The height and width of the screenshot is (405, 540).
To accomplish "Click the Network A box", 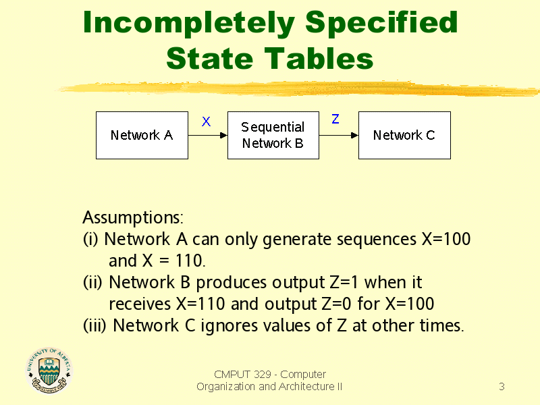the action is (142, 136).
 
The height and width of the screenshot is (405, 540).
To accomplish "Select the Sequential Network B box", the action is (273, 136).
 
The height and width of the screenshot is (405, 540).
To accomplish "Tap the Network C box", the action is (404, 136).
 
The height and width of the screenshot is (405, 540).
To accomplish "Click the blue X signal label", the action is (206, 122).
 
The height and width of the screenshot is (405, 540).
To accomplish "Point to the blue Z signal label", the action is (335, 119).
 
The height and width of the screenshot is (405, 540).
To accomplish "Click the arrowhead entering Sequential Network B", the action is (224, 136).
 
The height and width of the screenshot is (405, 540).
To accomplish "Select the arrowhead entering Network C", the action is (355, 136).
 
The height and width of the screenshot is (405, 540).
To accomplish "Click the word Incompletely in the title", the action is (189, 23).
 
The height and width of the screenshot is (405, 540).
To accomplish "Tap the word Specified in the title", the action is (381, 23).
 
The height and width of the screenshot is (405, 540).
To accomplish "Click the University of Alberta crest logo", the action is (49, 370).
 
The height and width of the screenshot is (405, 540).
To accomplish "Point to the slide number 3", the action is (502, 386).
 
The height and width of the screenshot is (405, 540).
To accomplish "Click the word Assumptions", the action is (133, 218).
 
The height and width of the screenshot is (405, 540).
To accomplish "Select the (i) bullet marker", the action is (90, 239).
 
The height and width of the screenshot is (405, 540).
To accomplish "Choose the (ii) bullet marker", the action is (92, 282).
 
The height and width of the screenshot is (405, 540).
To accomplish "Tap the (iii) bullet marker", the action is (94, 325).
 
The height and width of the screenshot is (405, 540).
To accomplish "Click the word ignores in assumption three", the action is (229, 326).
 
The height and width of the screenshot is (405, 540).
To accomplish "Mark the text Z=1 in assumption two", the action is (344, 282).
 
